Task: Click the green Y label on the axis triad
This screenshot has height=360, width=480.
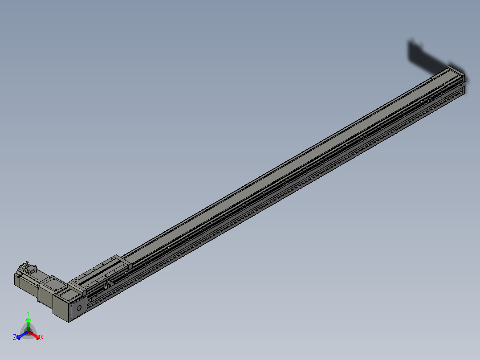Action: [x=28, y=313]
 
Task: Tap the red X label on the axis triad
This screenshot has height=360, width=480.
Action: [x=42, y=338]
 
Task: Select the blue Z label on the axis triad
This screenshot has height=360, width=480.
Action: [x=15, y=338]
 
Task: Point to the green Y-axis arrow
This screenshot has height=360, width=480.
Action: [x=28, y=322]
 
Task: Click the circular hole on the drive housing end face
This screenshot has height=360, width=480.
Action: [x=79, y=307]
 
